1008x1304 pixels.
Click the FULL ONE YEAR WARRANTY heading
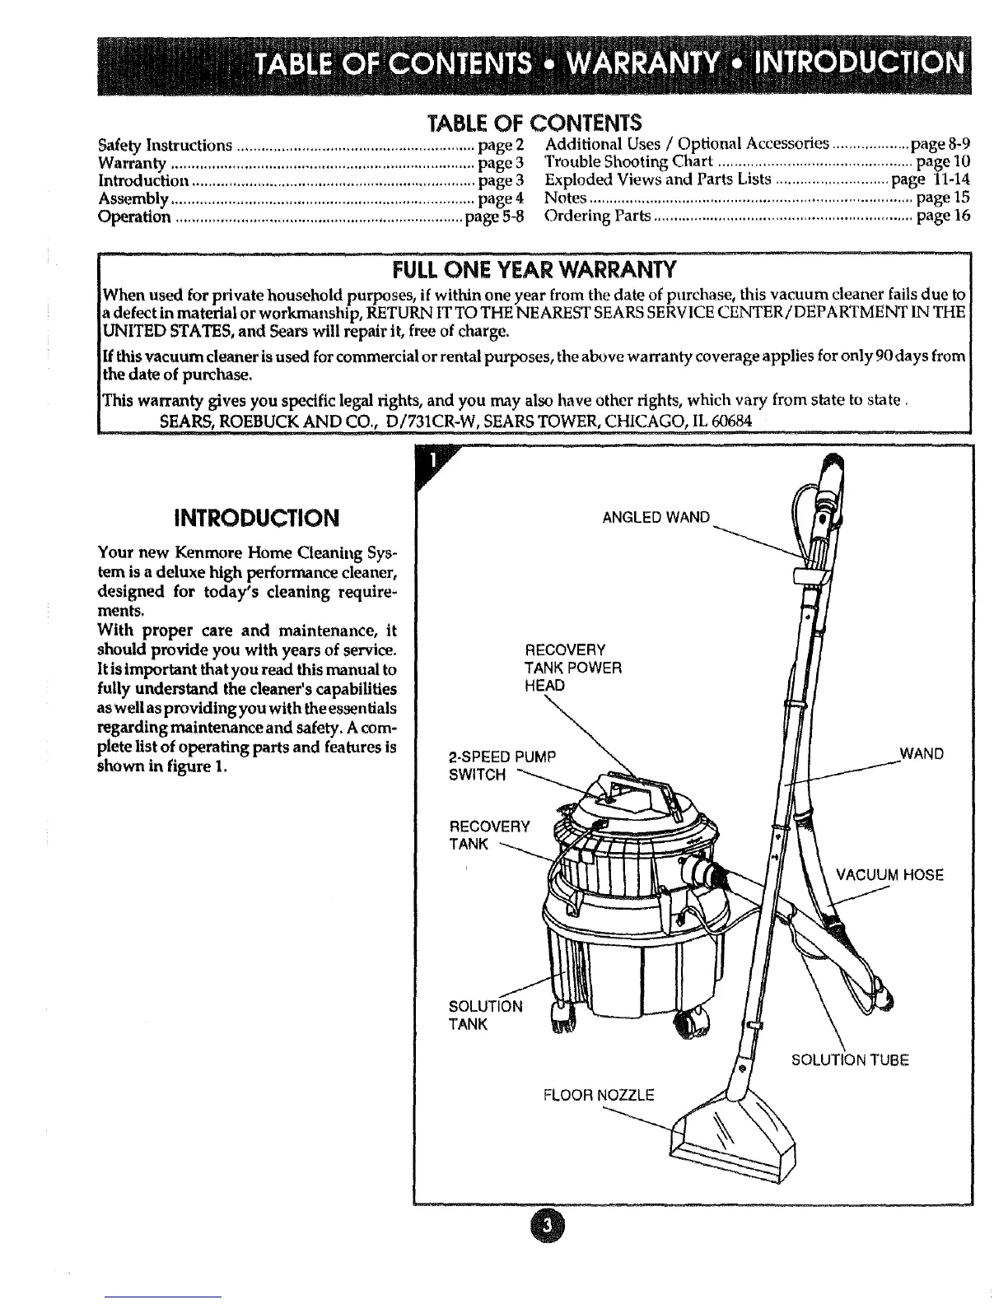click(x=534, y=269)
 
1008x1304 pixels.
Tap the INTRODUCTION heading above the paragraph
click(x=257, y=517)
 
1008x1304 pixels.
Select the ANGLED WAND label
click(x=656, y=517)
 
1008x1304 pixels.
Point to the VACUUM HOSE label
click(x=889, y=874)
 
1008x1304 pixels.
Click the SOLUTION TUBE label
click(x=850, y=1059)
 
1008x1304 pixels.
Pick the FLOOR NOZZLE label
click(x=598, y=1095)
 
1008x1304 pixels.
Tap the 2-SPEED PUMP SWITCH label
click(x=503, y=765)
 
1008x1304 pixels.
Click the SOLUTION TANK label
click(x=484, y=1015)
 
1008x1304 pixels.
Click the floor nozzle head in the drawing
click(x=735, y=1132)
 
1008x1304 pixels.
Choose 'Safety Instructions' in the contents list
click(x=165, y=146)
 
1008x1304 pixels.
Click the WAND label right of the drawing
click(x=922, y=753)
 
